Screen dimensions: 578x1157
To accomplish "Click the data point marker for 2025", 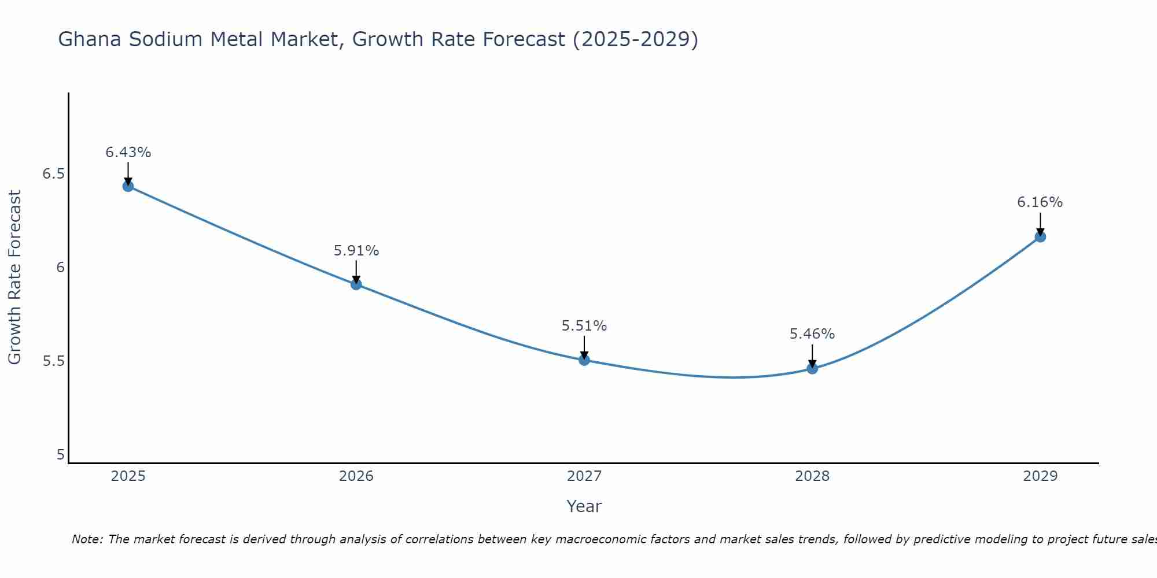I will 128,186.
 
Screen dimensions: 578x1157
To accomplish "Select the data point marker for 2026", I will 356,284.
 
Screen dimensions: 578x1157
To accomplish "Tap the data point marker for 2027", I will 584,360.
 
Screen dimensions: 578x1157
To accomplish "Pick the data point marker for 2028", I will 812,368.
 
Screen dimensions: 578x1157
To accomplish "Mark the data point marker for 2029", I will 1040,236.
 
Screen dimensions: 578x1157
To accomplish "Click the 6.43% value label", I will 128,153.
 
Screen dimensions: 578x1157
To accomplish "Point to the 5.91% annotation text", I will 356,251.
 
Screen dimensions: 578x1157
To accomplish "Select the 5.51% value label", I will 584,326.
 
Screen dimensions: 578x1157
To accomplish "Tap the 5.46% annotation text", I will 812,334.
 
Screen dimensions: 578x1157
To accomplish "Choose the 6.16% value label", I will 1040,202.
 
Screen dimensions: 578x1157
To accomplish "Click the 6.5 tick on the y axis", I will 53,173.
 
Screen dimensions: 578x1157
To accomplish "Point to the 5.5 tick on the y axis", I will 53,361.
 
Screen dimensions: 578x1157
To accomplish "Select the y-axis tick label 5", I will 60,455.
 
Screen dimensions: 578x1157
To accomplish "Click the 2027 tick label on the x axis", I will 584,476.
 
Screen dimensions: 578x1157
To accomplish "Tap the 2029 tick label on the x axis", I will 1040,476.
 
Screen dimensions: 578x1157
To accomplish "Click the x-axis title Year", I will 584,506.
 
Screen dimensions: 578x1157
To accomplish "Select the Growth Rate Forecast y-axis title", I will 14,277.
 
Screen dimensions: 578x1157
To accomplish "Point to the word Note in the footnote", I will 87,539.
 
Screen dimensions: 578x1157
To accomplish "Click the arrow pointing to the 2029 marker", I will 1040,224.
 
